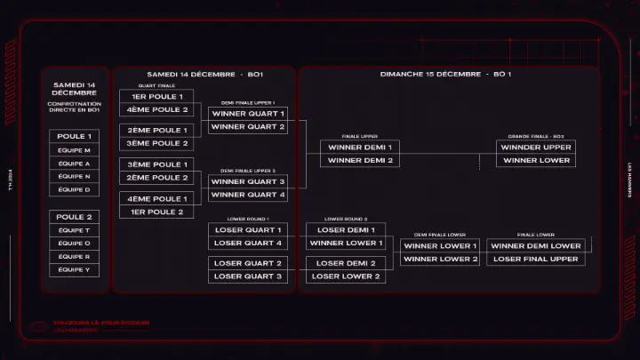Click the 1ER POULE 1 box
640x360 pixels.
(x=156, y=96)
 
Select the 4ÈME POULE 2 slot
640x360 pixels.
(x=156, y=109)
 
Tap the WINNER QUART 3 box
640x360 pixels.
(x=248, y=181)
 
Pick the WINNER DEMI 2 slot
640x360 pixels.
(x=359, y=160)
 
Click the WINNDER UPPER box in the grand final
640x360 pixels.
(x=536, y=147)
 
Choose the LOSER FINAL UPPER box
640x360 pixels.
(x=536, y=259)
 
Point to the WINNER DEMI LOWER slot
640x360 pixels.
(x=536, y=245)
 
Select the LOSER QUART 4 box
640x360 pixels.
(x=248, y=243)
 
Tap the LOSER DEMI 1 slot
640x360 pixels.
(x=346, y=229)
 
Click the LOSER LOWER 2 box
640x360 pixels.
(x=346, y=276)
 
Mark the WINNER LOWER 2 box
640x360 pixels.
(x=440, y=259)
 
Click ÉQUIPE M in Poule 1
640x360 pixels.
(x=74, y=150)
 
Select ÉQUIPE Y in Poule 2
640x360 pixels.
(x=74, y=269)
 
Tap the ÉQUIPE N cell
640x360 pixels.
(x=74, y=176)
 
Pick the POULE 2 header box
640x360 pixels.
(x=74, y=217)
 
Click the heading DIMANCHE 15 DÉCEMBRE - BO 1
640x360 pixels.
(x=445, y=74)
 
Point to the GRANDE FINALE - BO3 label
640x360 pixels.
(x=536, y=136)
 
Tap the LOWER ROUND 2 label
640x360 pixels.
(x=346, y=218)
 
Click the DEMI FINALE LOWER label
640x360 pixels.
(x=440, y=235)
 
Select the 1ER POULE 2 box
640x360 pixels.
(x=156, y=212)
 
